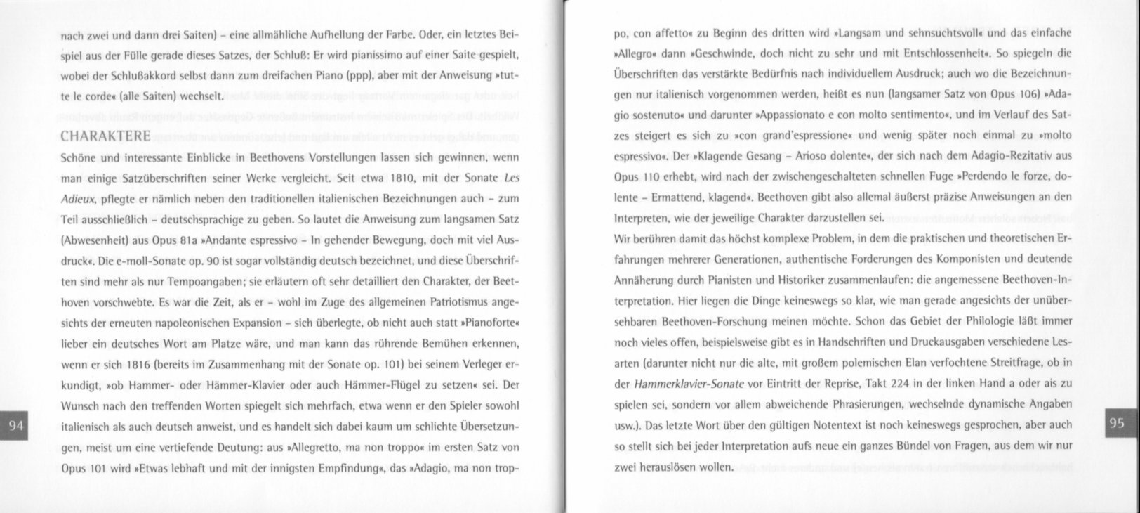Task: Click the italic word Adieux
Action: (77, 198)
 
